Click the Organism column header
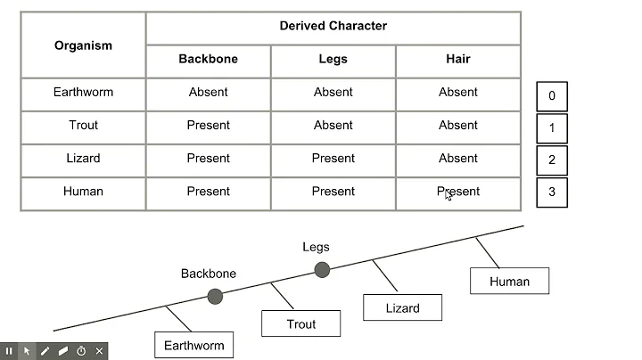click(x=83, y=45)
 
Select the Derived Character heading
click(x=333, y=26)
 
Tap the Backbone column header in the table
click(x=208, y=60)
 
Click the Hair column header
click(x=457, y=60)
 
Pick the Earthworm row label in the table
click(x=83, y=93)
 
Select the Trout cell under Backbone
click(x=208, y=126)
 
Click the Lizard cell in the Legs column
click(x=333, y=159)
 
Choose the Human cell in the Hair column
click(x=457, y=192)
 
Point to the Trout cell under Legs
click(x=333, y=126)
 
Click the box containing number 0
click(x=551, y=96)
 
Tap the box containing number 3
click(x=551, y=192)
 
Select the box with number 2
click(x=551, y=160)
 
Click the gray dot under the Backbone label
click(x=215, y=296)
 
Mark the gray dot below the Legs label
click(x=322, y=269)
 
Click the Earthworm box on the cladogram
click(x=193, y=345)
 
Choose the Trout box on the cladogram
click(x=300, y=323)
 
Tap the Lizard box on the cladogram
click(x=402, y=307)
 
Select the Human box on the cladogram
click(x=509, y=281)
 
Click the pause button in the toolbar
click(x=10, y=351)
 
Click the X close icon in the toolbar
click(x=99, y=351)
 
